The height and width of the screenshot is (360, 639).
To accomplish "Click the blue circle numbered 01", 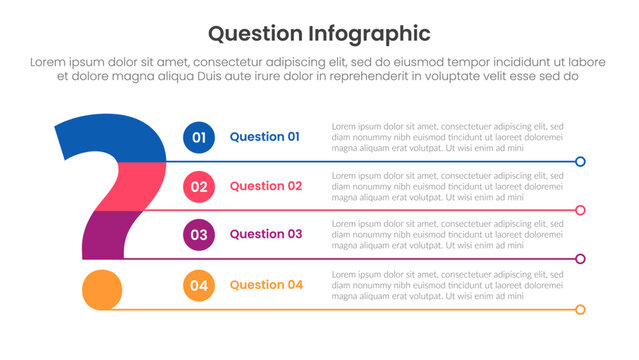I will click(199, 138).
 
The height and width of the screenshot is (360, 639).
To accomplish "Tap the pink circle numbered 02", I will click(199, 186).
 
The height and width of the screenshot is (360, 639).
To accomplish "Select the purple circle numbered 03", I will click(199, 235).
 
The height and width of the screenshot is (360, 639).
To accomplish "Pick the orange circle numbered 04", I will click(199, 286).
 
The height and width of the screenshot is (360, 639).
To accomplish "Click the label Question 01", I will click(264, 137).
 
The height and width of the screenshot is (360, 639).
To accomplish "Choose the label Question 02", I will click(265, 186).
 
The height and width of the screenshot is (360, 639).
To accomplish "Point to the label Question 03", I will click(265, 234).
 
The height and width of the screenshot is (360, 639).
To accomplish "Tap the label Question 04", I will click(266, 285).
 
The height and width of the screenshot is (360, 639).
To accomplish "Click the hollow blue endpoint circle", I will click(580, 161).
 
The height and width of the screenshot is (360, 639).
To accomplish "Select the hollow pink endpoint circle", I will click(580, 210).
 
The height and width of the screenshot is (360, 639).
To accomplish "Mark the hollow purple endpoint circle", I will click(580, 259).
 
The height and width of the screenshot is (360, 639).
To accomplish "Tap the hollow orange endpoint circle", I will click(580, 309).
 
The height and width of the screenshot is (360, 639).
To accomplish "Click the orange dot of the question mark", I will click(101, 289).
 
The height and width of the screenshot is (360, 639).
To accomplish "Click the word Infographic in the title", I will click(371, 33).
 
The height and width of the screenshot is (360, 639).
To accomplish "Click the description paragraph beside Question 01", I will click(447, 137).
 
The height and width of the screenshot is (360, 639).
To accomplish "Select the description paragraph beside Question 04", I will click(447, 286).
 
